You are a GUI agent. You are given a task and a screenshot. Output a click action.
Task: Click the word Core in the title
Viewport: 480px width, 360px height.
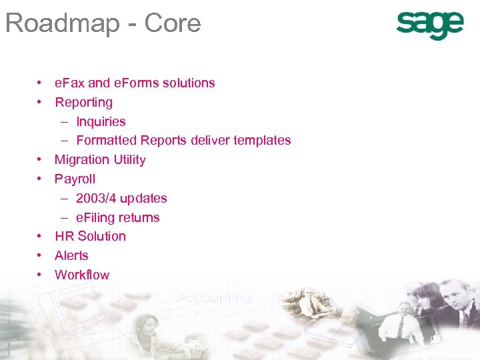point(175,23)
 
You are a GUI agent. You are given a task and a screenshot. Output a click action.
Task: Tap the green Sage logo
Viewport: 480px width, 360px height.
point(429,25)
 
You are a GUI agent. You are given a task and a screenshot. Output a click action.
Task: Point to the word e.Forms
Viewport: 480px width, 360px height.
point(135,83)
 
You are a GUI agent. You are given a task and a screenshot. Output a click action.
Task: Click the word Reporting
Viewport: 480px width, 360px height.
point(83,103)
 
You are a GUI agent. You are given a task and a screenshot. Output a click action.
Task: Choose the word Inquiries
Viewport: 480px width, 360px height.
point(101,122)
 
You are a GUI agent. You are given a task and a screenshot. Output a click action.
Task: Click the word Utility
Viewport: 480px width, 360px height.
point(128,160)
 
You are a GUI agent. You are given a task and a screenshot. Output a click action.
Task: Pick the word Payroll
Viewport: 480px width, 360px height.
point(75,179)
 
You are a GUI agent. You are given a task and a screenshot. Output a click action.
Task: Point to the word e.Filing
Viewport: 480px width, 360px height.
point(97,218)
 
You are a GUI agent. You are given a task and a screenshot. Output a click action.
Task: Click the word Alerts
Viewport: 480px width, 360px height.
point(71,256)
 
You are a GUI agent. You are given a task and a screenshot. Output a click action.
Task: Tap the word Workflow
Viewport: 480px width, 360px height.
point(82,275)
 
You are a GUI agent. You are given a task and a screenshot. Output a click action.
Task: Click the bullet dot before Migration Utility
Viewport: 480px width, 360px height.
point(41,160)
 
